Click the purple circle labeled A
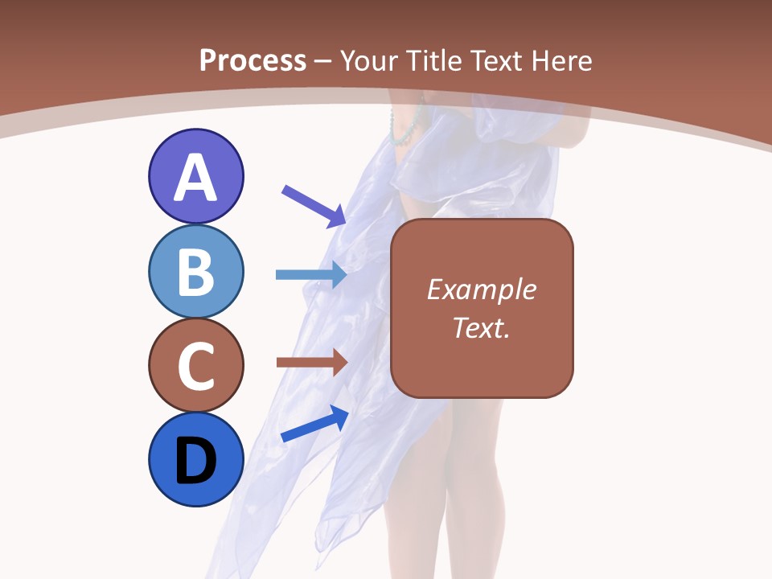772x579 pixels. (196, 176)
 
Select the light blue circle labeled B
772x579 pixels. (196, 271)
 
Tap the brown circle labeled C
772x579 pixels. (196, 365)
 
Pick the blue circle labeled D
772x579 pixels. (196, 459)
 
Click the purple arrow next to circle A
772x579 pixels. (314, 204)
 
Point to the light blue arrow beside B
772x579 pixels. (311, 274)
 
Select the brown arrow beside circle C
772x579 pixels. (311, 363)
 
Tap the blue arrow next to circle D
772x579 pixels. (314, 424)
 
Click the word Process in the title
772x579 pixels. (253, 60)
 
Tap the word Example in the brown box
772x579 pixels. (481, 289)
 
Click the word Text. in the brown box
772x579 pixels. (481, 327)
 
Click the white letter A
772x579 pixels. (196, 179)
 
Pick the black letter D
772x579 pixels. (196, 462)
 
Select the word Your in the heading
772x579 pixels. (369, 60)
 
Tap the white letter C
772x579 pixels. (196, 367)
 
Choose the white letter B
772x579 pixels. (196, 273)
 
